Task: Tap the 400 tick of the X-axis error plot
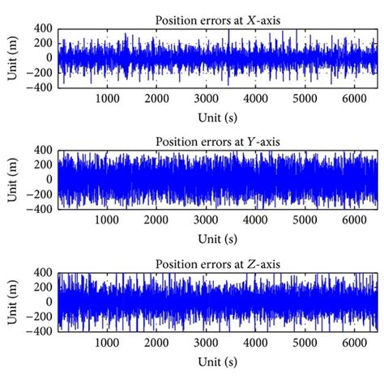pos(44,29)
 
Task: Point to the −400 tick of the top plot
pos(40,86)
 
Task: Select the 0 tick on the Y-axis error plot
pos(50,180)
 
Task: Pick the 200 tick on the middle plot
pos(44,165)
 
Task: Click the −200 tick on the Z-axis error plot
pos(41,317)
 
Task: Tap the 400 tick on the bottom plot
pos(44,275)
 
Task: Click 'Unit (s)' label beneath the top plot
pos(218,116)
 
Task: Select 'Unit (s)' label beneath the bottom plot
pos(218,361)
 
